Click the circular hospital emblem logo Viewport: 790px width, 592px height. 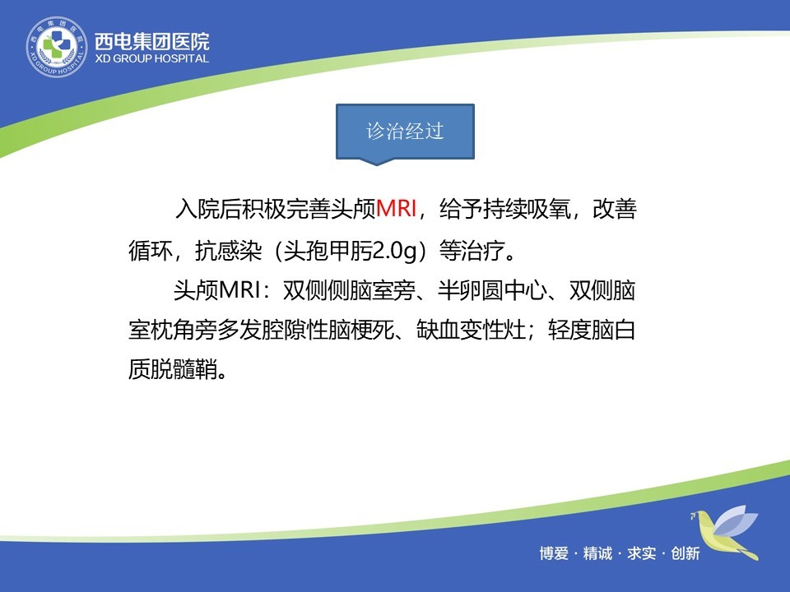(57, 47)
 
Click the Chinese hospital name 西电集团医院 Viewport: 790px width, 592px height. (152, 41)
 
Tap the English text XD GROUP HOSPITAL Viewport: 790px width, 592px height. (152, 58)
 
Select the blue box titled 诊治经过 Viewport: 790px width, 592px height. (405, 132)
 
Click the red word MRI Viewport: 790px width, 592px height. (397, 208)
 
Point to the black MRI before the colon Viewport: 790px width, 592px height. (239, 290)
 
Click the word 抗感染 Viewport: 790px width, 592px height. (228, 250)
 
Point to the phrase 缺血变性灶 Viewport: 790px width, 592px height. (471, 331)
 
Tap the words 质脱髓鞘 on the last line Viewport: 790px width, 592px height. (173, 369)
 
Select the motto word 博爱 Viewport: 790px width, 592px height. (554, 553)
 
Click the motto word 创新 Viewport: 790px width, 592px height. (685, 553)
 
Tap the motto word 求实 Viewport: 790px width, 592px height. (641, 553)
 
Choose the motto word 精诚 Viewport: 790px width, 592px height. (597, 553)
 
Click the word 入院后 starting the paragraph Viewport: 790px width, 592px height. (208, 209)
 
